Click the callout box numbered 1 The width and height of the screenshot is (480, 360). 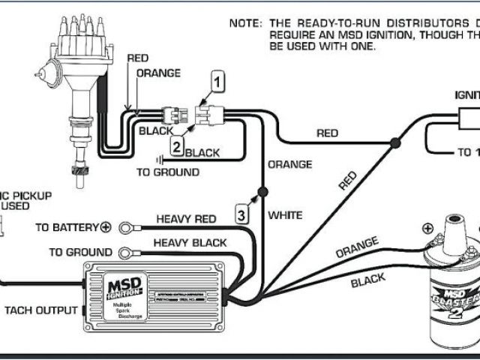click(217, 81)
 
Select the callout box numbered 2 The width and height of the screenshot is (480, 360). click(176, 147)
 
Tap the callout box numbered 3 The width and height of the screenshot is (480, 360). click(241, 214)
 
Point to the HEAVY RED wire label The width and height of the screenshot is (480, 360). click(186, 219)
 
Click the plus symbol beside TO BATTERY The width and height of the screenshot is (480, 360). click(106, 227)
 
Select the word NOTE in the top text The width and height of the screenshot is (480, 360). click(244, 23)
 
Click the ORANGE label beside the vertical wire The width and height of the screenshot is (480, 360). click(289, 164)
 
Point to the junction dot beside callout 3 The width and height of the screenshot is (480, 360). click(262, 193)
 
